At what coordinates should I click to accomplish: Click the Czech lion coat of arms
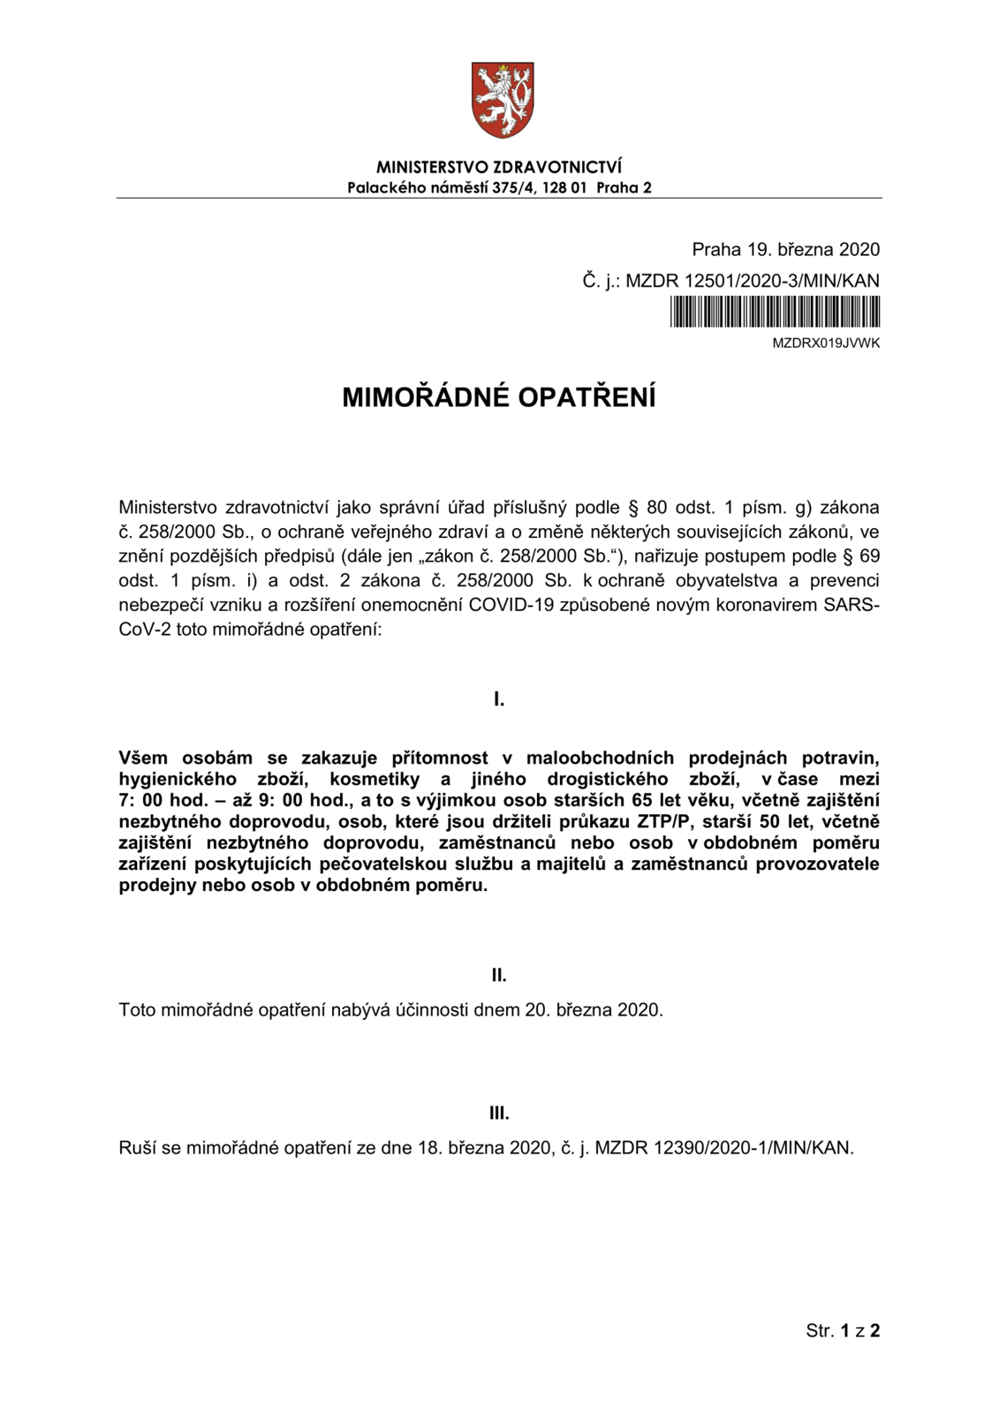coord(502,99)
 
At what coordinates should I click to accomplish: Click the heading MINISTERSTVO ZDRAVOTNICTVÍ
coord(499,167)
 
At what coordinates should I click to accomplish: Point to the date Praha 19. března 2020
coord(785,249)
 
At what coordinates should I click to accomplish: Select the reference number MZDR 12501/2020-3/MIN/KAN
coord(752,281)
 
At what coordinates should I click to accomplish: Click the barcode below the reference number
coord(775,312)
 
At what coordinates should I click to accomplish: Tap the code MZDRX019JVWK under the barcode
coord(826,343)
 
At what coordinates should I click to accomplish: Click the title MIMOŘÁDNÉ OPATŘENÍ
coord(499,398)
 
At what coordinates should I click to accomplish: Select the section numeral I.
coord(499,699)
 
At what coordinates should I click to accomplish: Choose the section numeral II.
coord(499,975)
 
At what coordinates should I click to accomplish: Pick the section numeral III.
coord(499,1114)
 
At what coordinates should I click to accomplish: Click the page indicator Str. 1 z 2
coord(842,1330)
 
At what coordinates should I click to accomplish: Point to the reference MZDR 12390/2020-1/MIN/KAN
coord(723,1148)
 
